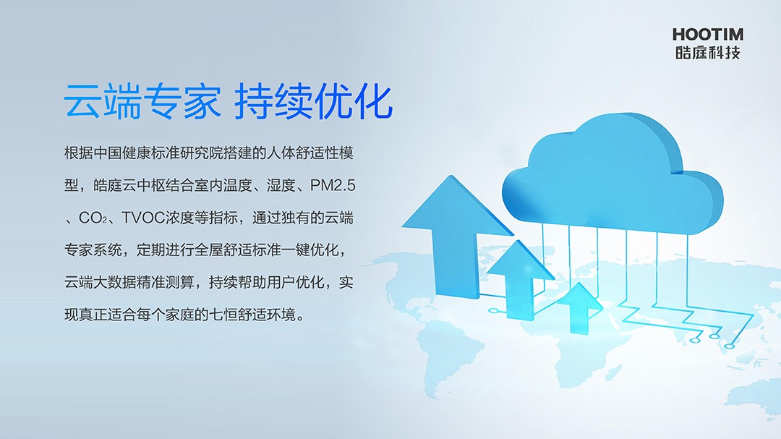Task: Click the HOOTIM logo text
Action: (x=708, y=35)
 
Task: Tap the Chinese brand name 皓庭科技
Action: (x=708, y=52)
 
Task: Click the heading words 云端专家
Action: (x=142, y=102)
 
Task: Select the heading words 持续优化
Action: (x=314, y=102)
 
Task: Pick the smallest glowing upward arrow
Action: (x=579, y=307)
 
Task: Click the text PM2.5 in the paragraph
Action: (x=333, y=185)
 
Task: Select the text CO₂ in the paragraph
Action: (x=93, y=218)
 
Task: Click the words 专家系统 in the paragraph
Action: (x=93, y=250)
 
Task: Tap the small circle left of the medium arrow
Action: (x=494, y=311)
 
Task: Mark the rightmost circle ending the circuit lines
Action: (x=729, y=346)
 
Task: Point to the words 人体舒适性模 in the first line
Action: (x=310, y=153)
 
